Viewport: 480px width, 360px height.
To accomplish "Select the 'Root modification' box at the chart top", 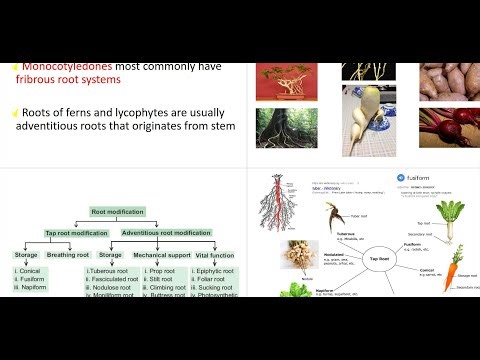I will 119,213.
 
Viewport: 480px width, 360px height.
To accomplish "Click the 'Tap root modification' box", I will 77,233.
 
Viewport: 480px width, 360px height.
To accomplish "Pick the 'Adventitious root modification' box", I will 166,233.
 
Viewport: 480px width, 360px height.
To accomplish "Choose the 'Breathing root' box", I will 69,255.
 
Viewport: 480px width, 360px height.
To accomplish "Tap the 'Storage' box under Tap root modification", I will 26,255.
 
